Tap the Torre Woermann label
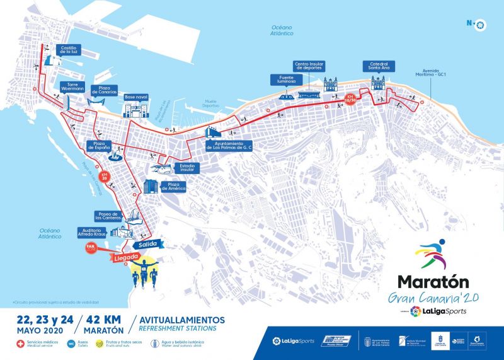click(x=72, y=86)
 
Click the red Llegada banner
click(x=126, y=257)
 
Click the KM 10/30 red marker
click(x=351, y=99)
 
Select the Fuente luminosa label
click(x=282, y=79)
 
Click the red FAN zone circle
click(x=91, y=248)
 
